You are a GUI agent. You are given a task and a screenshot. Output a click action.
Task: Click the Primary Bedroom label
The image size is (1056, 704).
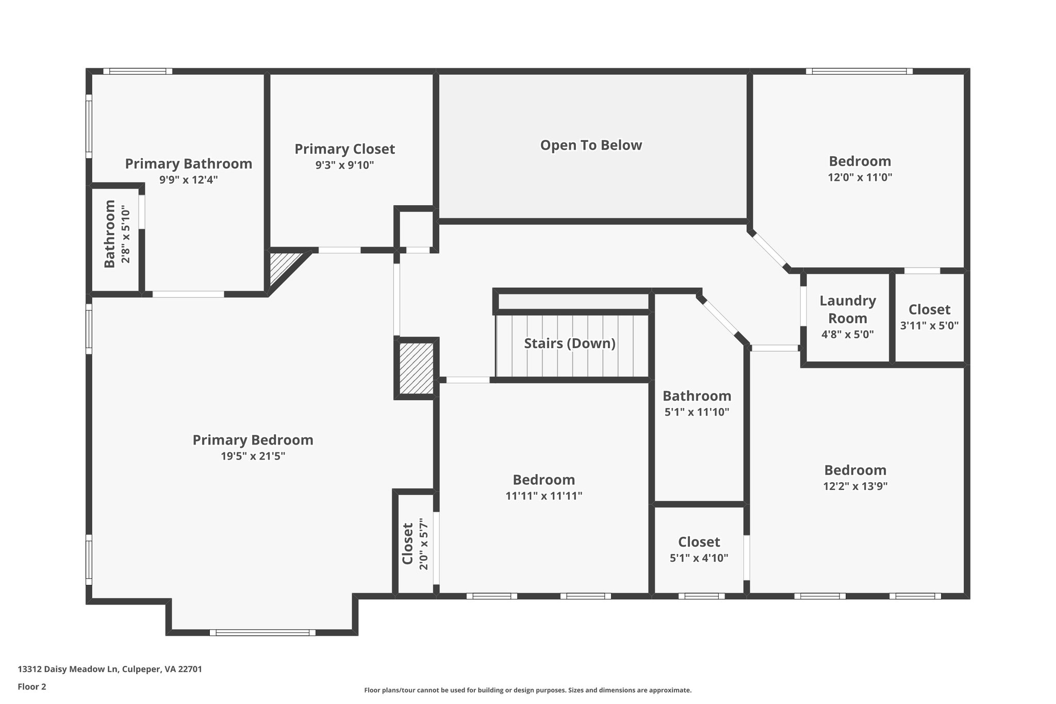click(x=253, y=440)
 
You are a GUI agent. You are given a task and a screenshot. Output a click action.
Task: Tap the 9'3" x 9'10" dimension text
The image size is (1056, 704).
click(x=344, y=165)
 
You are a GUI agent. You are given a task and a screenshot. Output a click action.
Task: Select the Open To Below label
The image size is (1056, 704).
click(x=591, y=145)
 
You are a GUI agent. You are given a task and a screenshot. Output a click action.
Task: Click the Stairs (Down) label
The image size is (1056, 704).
click(x=570, y=343)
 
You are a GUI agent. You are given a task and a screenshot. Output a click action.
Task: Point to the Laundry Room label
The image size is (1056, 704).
click(x=848, y=309)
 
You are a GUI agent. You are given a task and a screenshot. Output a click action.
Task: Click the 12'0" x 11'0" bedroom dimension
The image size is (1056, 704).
click(x=860, y=177)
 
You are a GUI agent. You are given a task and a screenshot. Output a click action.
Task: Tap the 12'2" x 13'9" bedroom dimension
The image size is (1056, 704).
click(x=855, y=486)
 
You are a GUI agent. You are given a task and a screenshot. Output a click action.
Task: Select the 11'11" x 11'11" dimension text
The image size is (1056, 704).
click(x=543, y=496)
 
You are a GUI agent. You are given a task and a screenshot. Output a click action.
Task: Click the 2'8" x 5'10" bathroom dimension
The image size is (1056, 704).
click(x=126, y=234)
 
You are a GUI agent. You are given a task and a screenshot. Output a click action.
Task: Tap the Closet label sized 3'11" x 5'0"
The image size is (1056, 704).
click(x=929, y=309)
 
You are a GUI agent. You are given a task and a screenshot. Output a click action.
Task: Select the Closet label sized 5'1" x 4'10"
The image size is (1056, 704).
click(x=699, y=542)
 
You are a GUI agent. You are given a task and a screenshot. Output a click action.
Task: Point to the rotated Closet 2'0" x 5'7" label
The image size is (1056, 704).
click(x=407, y=544)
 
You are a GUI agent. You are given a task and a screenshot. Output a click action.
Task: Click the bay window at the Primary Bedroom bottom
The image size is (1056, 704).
click(x=262, y=632)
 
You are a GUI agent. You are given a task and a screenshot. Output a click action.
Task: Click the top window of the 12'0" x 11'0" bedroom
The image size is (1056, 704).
click(x=859, y=71)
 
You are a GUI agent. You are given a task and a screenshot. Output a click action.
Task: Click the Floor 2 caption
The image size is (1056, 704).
click(x=32, y=686)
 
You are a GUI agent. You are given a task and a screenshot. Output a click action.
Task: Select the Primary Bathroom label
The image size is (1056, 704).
click(x=189, y=163)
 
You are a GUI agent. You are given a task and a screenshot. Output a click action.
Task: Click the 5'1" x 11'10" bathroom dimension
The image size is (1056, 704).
click(x=697, y=412)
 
